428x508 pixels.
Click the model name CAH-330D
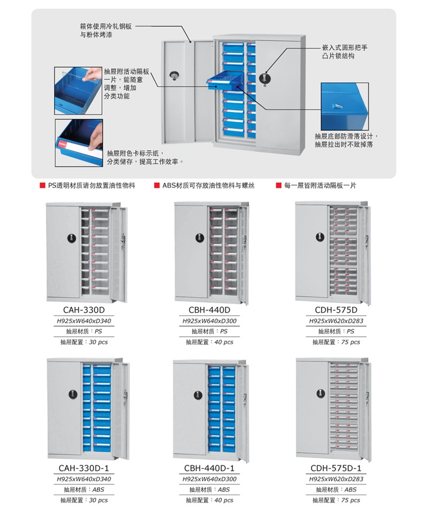click(84, 310)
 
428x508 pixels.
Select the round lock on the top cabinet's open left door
click(174, 76)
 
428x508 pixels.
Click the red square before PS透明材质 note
click(42, 185)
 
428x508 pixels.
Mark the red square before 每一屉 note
click(279, 185)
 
